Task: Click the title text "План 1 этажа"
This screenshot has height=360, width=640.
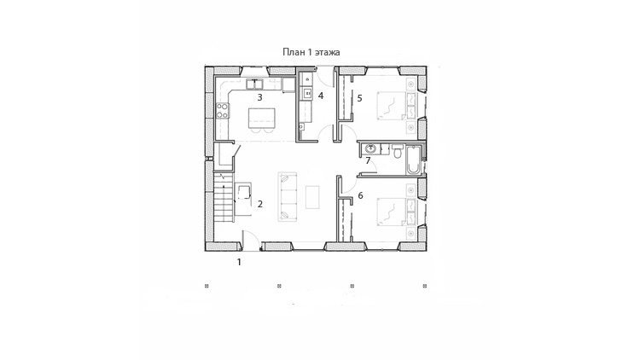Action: click(x=311, y=52)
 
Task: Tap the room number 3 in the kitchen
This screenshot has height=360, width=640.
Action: click(x=259, y=97)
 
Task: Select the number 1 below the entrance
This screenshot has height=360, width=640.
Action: click(x=239, y=262)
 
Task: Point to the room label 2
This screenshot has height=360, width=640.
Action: click(x=260, y=204)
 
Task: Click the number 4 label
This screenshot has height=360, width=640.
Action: click(x=321, y=96)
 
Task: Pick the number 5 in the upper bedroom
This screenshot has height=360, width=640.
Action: click(x=359, y=98)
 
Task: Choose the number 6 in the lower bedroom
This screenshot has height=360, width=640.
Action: click(x=360, y=195)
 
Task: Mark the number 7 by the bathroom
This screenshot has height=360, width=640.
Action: click(x=368, y=161)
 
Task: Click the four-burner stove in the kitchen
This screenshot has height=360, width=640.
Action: click(x=223, y=110)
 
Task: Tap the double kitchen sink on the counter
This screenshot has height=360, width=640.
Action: click(x=254, y=84)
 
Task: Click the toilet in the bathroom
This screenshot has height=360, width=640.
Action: click(x=397, y=151)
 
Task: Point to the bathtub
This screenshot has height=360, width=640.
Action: click(x=413, y=160)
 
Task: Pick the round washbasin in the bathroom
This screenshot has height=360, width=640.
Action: click(x=370, y=148)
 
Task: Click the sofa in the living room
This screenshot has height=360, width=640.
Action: click(x=288, y=197)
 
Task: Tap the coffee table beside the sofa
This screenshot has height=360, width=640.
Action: click(x=312, y=197)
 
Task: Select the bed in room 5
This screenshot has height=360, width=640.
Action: click(x=392, y=106)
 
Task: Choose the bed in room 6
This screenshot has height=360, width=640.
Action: click(x=392, y=212)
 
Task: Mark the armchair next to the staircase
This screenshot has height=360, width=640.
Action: click(x=244, y=192)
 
